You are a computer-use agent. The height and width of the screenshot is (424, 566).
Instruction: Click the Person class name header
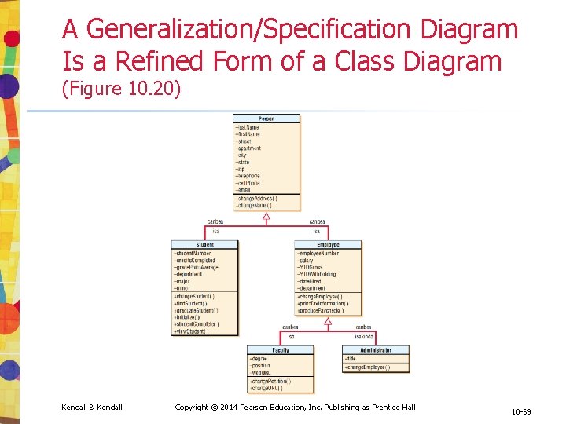coord(266,119)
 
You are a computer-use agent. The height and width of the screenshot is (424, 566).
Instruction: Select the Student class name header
coord(205,245)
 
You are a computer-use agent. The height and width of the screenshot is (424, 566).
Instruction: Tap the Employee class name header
coord(328,245)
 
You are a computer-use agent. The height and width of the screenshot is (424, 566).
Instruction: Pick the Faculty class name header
coord(281,350)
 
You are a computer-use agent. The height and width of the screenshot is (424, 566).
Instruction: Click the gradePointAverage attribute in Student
coord(197,268)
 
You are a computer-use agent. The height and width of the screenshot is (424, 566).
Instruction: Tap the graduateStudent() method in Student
coord(197,310)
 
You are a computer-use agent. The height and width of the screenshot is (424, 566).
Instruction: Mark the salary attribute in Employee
coord(307,261)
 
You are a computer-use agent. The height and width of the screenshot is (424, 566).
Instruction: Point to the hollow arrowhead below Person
coord(266,216)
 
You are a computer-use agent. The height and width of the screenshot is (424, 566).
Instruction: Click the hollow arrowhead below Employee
coord(328,321)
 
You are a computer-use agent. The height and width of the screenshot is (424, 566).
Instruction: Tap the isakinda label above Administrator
coord(364,336)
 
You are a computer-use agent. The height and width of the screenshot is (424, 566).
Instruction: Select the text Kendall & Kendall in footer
coord(91,407)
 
